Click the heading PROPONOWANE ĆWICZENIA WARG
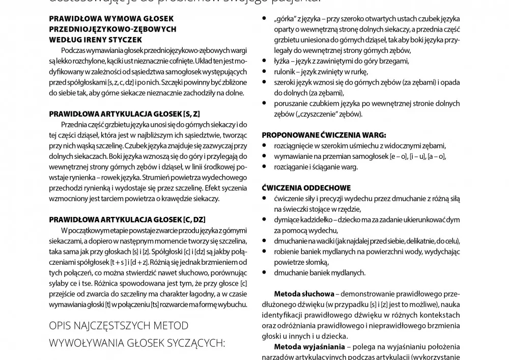(x=324, y=135)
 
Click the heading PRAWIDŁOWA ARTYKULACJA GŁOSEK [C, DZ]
(x=127, y=219)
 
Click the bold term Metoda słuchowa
(x=304, y=294)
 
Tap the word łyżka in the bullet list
(x=282, y=61)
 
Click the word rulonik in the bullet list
(x=286, y=72)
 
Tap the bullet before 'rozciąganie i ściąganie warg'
(x=265, y=167)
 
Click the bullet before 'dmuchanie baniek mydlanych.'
(x=265, y=272)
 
